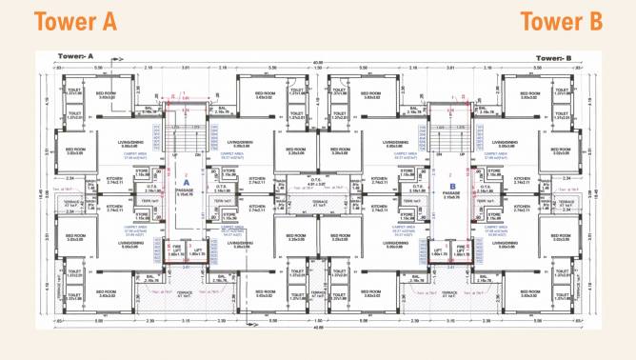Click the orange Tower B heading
click(x=562, y=22)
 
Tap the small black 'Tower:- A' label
click(x=75, y=58)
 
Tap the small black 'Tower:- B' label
click(x=552, y=58)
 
